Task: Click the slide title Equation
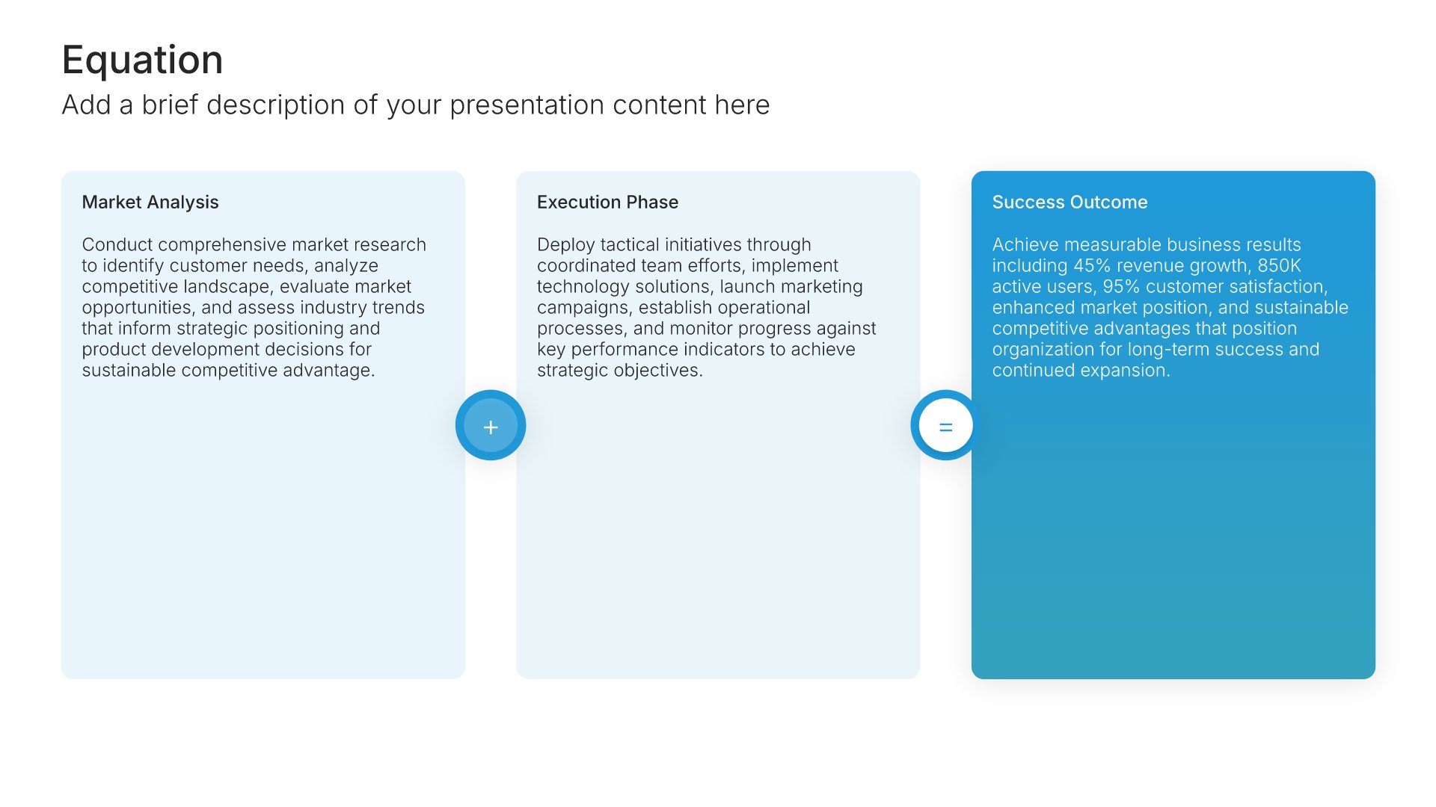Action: (x=142, y=60)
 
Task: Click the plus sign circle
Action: (x=491, y=425)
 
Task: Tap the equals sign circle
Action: (x=945, y=425)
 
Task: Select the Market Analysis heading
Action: (x=150, y=202)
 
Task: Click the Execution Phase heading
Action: (x=607, y=202)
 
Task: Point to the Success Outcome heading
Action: (x=1070, y=202)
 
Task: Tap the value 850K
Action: (x=1279, y=265)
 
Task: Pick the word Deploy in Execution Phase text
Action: (x=565, y=245)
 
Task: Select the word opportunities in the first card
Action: (x=139, y=308)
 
